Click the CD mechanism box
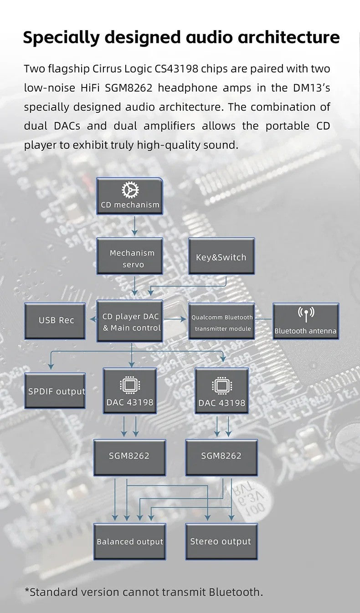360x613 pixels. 130,196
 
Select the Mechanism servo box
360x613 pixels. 130,256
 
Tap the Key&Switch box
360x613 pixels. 221,256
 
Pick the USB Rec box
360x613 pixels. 55,321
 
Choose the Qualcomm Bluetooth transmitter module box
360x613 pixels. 221,322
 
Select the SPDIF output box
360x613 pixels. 55,390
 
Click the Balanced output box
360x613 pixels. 130,541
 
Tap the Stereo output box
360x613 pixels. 221,541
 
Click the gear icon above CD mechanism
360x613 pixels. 130,190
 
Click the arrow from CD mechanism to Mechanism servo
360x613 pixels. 134,226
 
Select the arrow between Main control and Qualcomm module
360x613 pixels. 175,320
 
